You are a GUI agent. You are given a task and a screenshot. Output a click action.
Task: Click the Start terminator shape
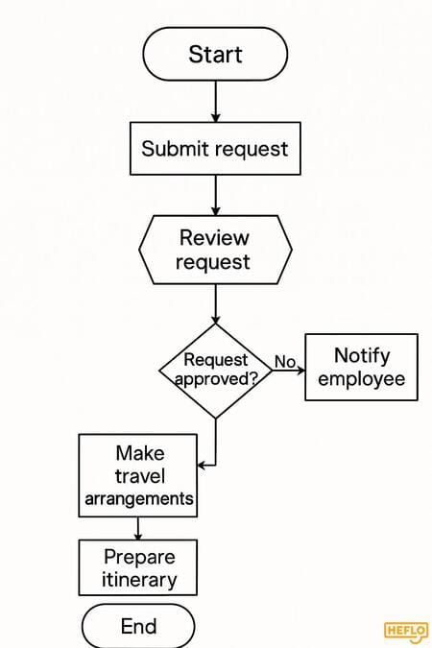[x=215, y=54]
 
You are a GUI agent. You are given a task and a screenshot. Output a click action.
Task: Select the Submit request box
[x=215, y=149]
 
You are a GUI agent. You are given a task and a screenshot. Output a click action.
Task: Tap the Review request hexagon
[x=215, y=250]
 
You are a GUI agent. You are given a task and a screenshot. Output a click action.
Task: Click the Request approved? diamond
[x=215, y=371]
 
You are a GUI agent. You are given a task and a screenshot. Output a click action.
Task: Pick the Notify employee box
[x=361, y=367]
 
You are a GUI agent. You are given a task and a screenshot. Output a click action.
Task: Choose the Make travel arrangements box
[x=137, y=475]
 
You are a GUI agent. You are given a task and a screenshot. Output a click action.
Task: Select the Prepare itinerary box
[x=137, y=567]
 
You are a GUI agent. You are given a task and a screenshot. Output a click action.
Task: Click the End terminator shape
[x=138, y=626]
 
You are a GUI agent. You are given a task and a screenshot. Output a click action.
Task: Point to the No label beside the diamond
[x=285, y=362]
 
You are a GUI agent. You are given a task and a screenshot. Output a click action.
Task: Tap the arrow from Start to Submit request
[x=215, y=101]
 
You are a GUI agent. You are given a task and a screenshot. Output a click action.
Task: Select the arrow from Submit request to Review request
[x=215, y=196]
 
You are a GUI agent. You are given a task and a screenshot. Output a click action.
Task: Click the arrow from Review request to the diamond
[x=215, y=303]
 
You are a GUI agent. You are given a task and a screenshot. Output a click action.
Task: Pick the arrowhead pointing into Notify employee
[x=300, y=371]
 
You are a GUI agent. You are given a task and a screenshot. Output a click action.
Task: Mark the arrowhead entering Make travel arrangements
[x=202, y=466]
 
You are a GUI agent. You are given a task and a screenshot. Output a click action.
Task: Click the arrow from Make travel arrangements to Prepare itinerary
[x=137, y=529]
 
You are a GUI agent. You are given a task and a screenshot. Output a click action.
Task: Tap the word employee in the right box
[x=361, y=379]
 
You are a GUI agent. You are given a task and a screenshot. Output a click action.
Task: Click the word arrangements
[x=139, y=499]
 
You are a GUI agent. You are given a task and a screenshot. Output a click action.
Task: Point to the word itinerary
[x=139, y=580]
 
